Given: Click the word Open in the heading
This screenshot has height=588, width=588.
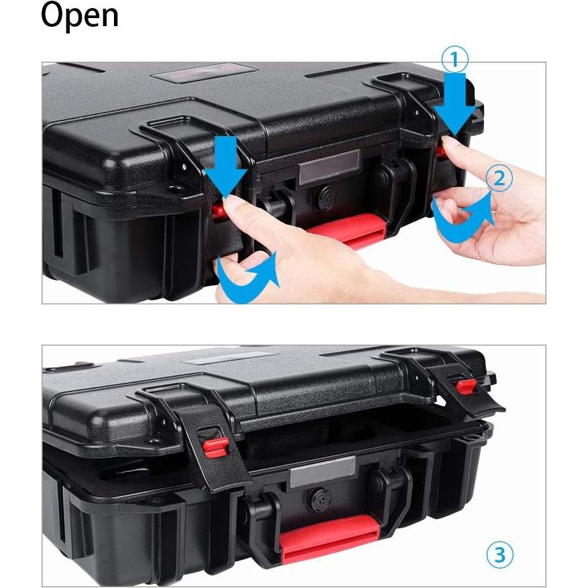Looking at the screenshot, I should click(79, 17).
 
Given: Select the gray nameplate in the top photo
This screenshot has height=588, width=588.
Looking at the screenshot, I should click(329, 166).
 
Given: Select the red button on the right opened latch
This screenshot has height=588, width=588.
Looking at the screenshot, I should click(467, 386).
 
